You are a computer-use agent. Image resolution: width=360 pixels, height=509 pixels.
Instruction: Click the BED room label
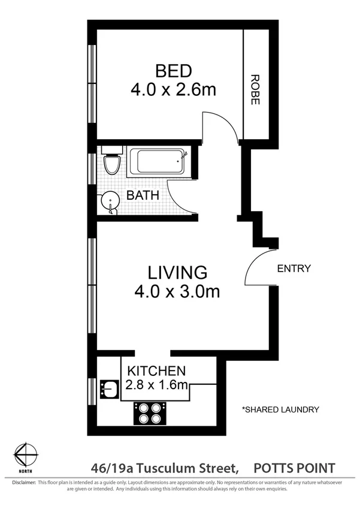pos(173,71)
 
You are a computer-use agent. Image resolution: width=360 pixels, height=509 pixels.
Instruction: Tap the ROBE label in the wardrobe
pos(255,90)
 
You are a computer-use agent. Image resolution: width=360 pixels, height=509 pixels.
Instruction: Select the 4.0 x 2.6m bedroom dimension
pos(173,90)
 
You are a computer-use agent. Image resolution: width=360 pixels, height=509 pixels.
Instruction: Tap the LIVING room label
pos(178,273)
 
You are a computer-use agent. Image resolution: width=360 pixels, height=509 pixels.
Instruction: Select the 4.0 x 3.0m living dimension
pos(178,292)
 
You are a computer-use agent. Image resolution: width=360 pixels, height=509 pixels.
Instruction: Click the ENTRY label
pos(294,269)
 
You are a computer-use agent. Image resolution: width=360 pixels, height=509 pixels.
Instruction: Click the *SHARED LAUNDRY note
pos(280,409)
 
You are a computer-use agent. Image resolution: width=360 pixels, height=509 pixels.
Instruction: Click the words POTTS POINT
pos(294,467)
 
